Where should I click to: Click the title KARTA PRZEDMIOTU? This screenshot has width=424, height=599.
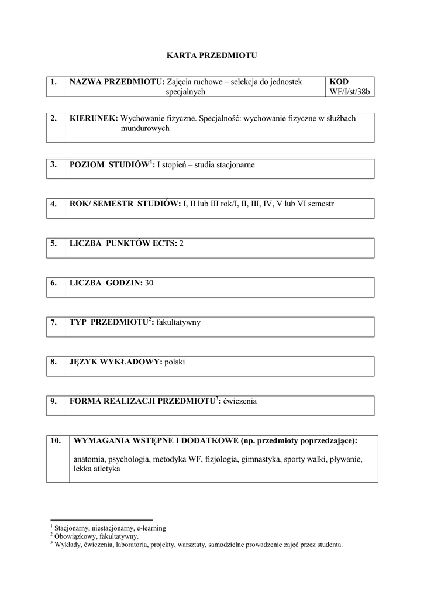tap(212, 56)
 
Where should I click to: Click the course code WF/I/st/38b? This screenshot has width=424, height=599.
tap(350, 92)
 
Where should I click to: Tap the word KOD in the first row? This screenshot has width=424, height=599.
tap(339, 82)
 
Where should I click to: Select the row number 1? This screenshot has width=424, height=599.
tap(53, 82)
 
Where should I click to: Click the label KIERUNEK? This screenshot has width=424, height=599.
tap(94, 118)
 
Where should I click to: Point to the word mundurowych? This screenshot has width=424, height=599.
tap(145, 128)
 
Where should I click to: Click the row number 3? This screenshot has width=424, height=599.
tap(53, 165)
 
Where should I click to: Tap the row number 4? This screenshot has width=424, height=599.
tap(53, 204)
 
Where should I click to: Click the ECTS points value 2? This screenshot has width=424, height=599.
tap(181, 243)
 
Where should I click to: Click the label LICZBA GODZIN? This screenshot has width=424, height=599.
tap(106, 283)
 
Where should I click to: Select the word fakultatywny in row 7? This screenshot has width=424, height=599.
tap(178, 322)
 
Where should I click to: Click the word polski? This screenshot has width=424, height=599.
tap(175, 362)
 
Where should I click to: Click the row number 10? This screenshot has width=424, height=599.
tap(56, 440)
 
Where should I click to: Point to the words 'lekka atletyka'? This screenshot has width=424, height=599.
tap(97, 469)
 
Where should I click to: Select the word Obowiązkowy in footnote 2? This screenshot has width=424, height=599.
tap(73, 536)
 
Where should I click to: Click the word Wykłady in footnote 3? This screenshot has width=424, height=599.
tap(67, 545)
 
